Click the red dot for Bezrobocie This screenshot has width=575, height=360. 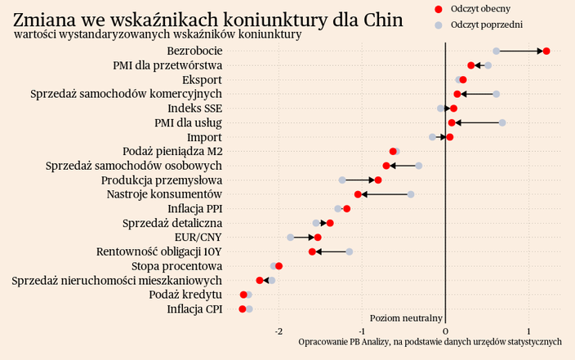tap(546, 51)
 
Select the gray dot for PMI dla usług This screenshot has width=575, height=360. tap(502, 122)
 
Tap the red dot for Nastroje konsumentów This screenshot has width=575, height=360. tap(358, 194)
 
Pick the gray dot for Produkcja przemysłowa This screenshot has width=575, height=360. tap(343, 180)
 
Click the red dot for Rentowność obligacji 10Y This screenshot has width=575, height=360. tap(312, 251)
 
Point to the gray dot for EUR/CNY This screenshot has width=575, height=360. tap(290, 238)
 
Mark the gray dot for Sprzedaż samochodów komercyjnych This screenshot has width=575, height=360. tap(497, 94)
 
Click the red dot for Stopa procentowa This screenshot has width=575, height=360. tap(279, 266)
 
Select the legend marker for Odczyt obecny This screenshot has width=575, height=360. tap(439, 8)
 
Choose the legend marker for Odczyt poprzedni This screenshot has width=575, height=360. tap(439, 25)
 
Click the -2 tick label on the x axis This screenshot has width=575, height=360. tap(279, 331)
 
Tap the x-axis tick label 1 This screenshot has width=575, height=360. tap(528, 331)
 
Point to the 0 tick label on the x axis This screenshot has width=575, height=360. tap(444, 331)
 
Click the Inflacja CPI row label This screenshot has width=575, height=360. tap(194, 309)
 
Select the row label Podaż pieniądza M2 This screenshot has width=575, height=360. tap(172, 151)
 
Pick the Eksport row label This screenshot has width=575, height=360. tap(202, 80)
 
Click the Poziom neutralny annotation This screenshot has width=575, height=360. tap(406, 318)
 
